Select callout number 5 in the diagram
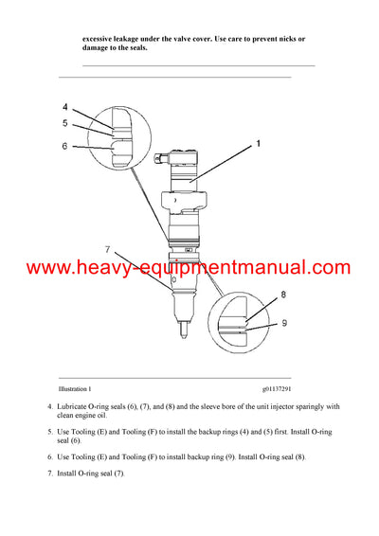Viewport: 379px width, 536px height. [x=65, y=123]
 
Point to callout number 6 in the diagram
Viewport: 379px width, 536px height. [x=65, y=146]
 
